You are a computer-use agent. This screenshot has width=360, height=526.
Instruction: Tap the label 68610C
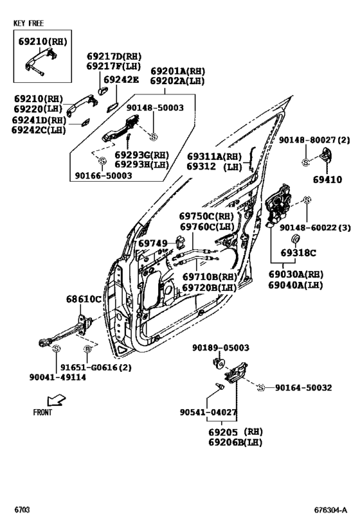coord(84,299)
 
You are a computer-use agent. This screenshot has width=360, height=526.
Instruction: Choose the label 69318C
coord(296,253)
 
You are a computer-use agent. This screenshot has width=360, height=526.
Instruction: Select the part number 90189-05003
coord(221,347)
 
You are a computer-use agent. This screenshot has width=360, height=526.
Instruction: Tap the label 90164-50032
coord(303,387)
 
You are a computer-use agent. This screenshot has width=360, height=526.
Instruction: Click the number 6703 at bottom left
coord(22,511)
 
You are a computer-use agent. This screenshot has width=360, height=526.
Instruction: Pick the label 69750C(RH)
coord(206,216)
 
